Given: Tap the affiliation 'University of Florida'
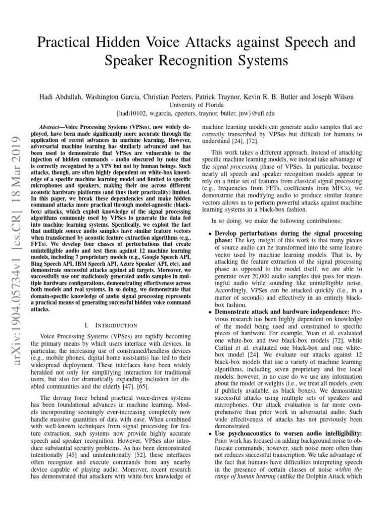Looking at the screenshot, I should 194,105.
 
